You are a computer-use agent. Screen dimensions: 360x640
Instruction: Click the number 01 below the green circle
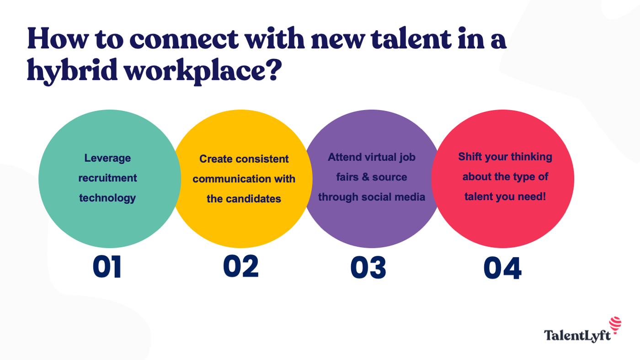coord(107,267)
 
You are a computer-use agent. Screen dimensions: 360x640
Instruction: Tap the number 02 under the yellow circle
coord(241,266)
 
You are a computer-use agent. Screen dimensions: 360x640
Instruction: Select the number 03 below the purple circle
coord(368,268)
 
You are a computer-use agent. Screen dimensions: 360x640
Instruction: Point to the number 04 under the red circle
coord(502,268)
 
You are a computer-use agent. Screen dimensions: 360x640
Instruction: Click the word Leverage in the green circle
coord(107,158)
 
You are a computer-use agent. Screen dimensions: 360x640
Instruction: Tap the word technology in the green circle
coord(107,198)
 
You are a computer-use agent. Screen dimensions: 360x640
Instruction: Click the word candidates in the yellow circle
coord(257,199)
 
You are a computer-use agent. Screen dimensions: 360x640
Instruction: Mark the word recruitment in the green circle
coord(107,178)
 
